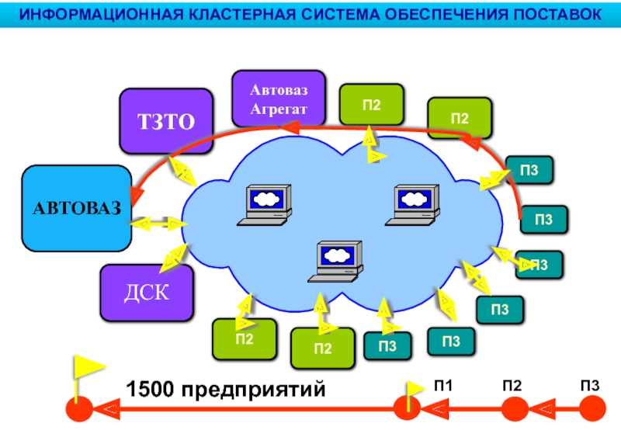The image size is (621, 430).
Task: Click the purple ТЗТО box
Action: pyautogui.click(x=165, y=120)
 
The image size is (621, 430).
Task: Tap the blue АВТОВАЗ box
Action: pyautogui.click(x=77, y=208)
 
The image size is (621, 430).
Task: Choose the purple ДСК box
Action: pyautogui.click(x=147, y=293)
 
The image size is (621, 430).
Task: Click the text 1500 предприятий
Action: pyautogui.click(x=225, y=389)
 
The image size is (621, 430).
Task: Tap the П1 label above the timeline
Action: pyautogui.click(x=443, y=386)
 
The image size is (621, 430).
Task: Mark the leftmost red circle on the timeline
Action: pyautogui.click(x=78, y=408)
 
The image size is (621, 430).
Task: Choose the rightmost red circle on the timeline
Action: pyautogui.click(x=592, y=408)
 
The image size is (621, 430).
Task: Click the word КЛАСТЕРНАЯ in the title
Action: pyautogui.click(x=233, y=14)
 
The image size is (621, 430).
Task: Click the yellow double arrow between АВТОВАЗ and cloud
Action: pyautogui.click(x=158, y=224)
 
